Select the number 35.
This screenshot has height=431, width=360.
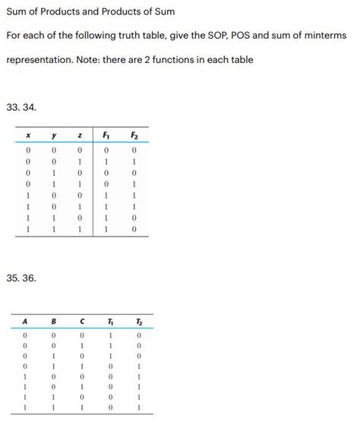pos(13,278)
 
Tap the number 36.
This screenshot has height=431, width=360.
pos(30,278)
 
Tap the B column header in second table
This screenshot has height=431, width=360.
pos(54,320)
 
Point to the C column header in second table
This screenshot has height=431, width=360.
pos(81,320)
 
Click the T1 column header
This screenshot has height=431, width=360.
pos(110,320)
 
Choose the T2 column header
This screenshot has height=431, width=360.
pos(138,320)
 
